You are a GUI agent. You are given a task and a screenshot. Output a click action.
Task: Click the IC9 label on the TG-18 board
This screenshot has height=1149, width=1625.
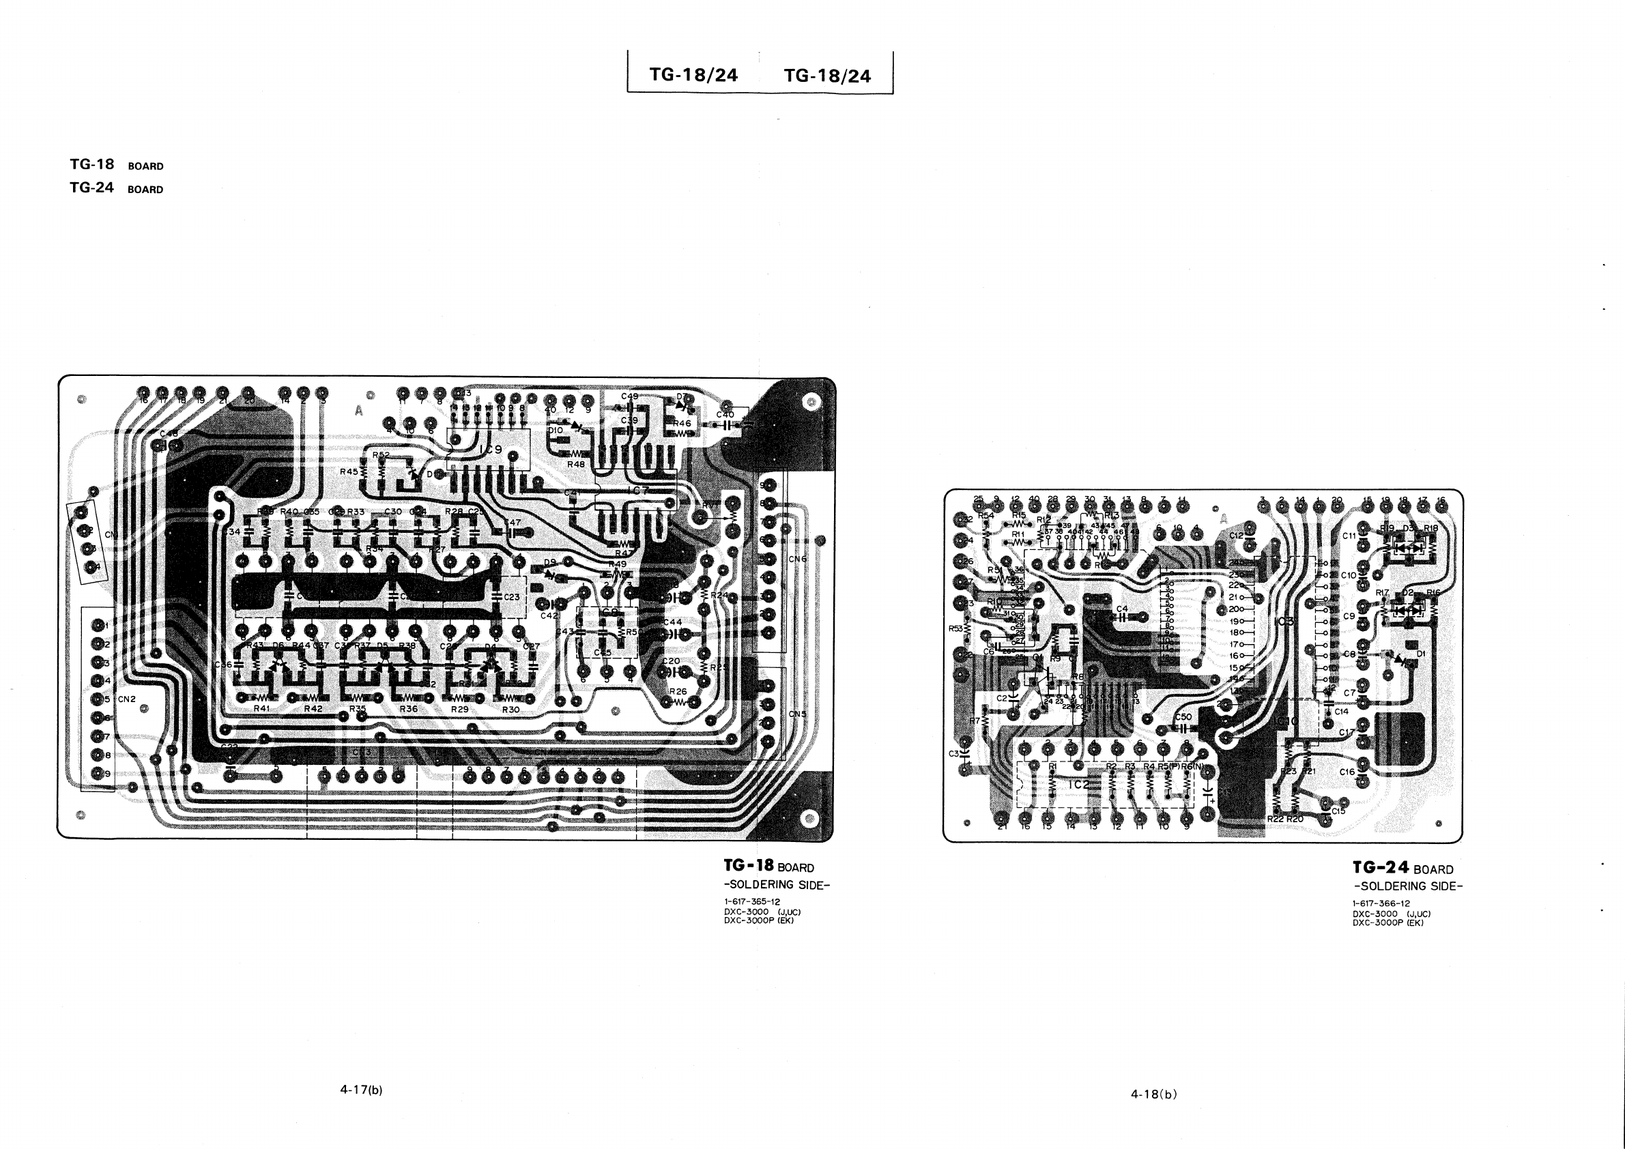(491, 450)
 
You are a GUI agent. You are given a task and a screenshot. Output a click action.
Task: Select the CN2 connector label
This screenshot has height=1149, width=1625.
(127, 699)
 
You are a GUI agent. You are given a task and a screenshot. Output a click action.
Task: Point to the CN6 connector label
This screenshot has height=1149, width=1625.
(798, 559)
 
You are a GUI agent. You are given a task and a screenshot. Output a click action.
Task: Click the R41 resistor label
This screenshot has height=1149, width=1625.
(261, 708)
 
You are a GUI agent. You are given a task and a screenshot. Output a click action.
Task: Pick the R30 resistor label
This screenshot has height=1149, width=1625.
(510, 709)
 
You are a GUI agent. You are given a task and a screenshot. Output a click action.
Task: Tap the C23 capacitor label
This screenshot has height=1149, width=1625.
(512, 597)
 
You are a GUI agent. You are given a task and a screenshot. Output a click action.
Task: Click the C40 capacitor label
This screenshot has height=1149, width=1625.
(725, 415)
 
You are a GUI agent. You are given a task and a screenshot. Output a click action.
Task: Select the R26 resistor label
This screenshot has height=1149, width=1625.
(678, 691)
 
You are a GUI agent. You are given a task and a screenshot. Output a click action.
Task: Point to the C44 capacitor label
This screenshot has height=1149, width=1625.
(672, 622)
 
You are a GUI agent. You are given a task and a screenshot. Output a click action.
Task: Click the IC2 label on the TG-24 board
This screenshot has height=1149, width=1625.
(1079, 785)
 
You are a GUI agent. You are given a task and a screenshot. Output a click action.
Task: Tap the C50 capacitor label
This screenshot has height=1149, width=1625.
(1183, 716)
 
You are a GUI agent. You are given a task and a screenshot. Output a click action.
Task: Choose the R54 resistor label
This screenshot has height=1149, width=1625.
(986, 516)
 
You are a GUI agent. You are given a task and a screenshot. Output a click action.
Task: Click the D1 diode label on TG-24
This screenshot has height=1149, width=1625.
(1421, 654)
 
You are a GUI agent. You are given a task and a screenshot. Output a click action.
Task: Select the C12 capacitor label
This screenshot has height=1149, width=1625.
(1237, 536)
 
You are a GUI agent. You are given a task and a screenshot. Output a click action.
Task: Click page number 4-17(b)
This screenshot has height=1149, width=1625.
(361, 1090)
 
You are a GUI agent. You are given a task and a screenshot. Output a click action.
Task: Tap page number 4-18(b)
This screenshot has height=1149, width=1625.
(1153, 1094)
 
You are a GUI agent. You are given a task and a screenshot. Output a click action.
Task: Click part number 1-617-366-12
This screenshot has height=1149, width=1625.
(1381, 903)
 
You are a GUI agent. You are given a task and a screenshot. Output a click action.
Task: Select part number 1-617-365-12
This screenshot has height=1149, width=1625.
(752, 902)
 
